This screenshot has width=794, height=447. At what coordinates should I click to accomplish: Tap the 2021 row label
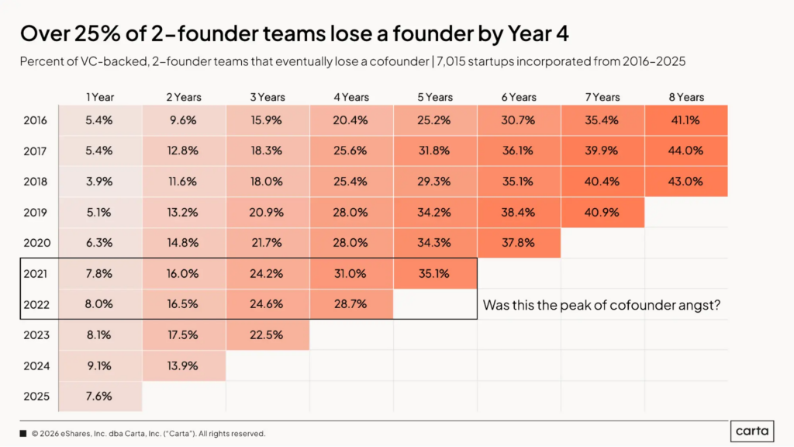click(36, 273)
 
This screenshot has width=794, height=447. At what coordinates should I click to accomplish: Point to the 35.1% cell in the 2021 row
click(435, 273)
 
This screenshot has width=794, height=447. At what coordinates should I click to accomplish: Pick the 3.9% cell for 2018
click(99, 182)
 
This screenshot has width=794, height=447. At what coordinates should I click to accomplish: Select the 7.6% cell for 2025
click(99, 396)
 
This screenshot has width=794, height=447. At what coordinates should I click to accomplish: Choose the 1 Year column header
click(99, 97)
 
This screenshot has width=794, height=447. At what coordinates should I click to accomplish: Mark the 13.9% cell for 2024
click(183, 365)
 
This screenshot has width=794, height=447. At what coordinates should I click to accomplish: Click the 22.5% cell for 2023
click(267, 334)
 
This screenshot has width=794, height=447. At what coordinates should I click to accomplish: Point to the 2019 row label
click(36, 212)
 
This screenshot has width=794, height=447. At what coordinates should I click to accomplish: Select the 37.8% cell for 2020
click(519, 242)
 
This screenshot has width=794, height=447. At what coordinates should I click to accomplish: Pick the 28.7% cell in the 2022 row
click(350, 304)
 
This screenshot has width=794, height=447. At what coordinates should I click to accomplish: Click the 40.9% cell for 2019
click(602, 212)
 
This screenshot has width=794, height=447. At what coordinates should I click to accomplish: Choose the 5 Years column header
click(435, 97)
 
